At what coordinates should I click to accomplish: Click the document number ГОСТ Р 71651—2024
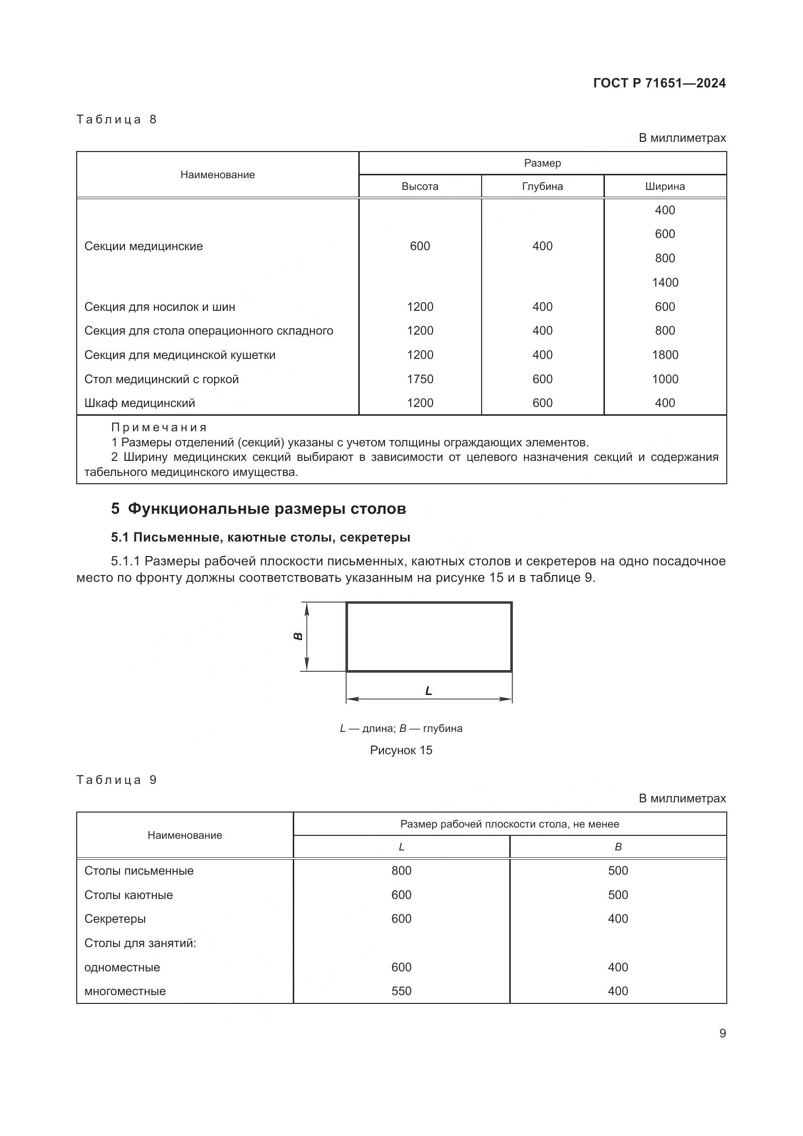click(659, 83)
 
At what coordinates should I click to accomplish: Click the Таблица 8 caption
click(116, 120)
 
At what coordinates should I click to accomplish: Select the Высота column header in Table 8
click(420, 187)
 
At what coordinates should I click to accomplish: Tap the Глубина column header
click(542, 187)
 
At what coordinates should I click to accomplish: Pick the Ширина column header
click(665, 187)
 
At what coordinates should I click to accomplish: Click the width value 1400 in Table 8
click(665, 283)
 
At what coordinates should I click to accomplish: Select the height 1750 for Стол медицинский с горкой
click(420, 379)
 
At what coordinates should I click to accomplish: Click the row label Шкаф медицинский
click(139, 403)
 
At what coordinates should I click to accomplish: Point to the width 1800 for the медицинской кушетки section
click(665, 355)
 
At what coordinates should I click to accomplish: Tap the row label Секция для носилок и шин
click(160, 307)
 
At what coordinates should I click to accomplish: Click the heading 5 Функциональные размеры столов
click(258, 509)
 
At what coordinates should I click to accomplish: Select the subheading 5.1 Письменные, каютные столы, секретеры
click(261, 537)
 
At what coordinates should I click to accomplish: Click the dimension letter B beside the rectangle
click(298, 636)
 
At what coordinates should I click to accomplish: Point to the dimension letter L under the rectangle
click(429, 691)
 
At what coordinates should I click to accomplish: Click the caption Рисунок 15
click(401, 750)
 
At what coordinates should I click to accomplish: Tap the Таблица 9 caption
click(116, 780)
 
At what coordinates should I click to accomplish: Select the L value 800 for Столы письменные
click(401, 871)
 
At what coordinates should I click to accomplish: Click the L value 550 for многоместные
click(401, 992)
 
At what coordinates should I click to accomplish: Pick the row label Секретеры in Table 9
click(115, 919)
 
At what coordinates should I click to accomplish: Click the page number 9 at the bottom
click(722, 1034)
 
